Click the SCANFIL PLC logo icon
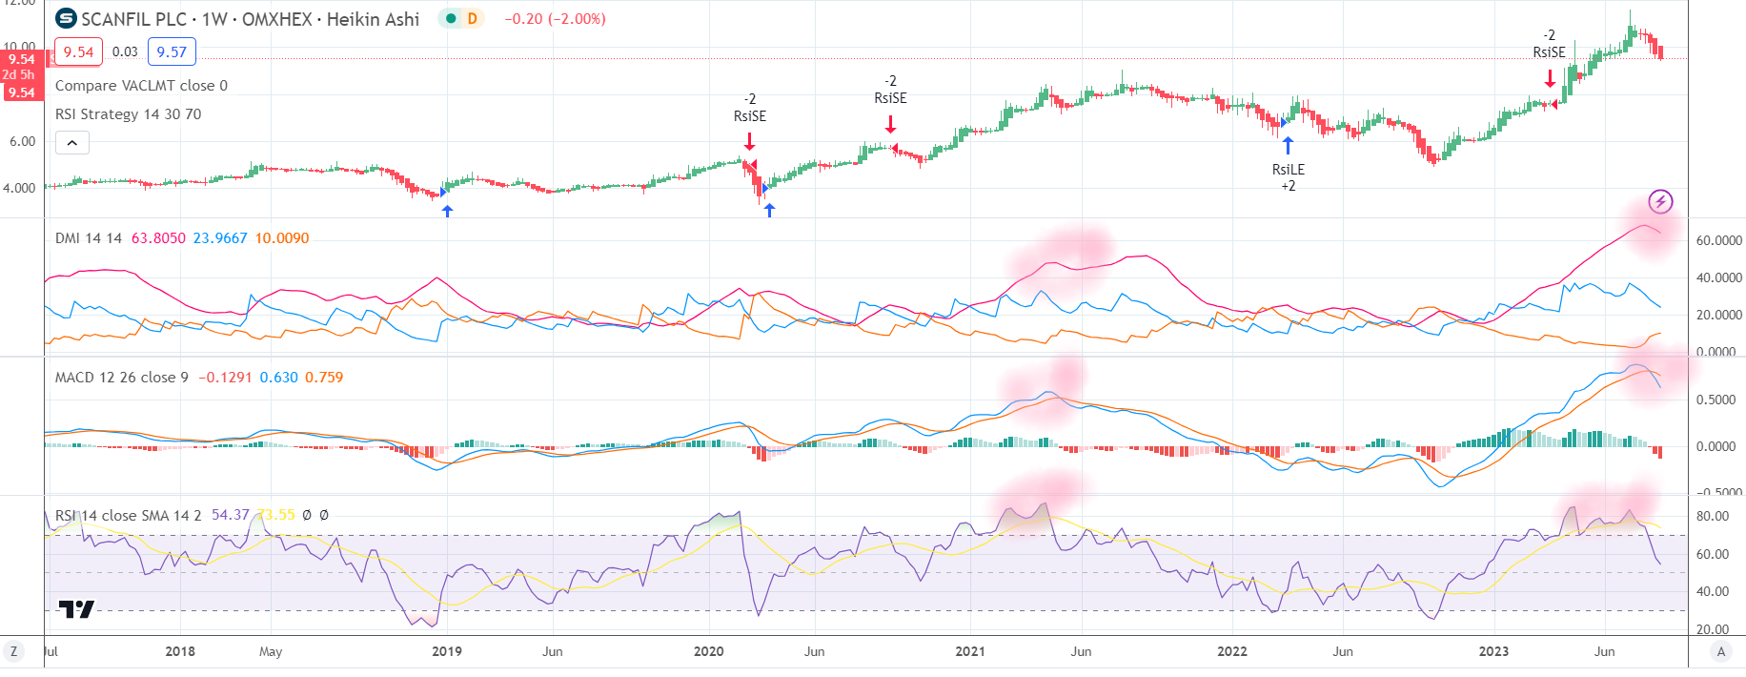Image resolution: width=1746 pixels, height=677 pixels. pos(67,18)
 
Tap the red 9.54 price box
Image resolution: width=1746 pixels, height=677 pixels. pos(78,51)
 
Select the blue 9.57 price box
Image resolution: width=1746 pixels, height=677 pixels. pos(172,51)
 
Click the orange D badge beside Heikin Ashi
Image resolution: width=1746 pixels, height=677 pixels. pos(472,18)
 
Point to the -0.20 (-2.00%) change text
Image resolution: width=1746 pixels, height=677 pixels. pos(555,19)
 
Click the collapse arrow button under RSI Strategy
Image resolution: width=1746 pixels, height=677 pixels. pos(72,143)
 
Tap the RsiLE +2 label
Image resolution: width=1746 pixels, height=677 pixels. pos(1288,177)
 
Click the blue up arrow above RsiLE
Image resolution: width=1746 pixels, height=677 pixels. pos(1288,145)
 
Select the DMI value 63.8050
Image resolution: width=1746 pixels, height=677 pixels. pos(158,238)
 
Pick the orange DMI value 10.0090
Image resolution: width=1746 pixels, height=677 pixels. pos(282,238)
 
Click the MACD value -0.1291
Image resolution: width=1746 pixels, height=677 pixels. pos(225,378)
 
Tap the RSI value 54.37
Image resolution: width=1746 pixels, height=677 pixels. pos(230,515)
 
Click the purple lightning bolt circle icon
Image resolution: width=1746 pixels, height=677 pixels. pos(1661,201)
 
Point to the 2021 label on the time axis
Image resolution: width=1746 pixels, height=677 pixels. pos(969,651)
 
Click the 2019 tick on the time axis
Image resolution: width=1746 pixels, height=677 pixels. pos(446,651)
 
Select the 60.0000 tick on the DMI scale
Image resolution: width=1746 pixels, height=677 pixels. pos(1718,240)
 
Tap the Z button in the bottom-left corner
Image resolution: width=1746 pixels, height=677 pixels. pos(13,651)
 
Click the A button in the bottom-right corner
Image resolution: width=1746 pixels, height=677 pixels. pos(1720,651)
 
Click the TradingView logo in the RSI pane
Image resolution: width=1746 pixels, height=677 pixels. pos(76,608)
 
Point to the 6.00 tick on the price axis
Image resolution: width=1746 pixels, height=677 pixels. pos(22,141)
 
